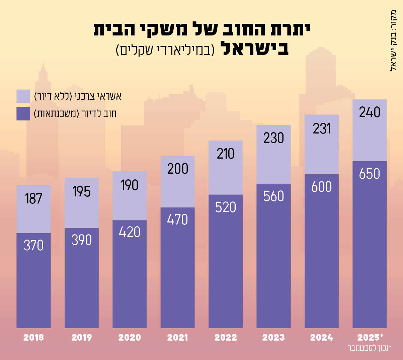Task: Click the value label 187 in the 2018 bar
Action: [33, 198]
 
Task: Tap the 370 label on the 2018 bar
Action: [33, 246]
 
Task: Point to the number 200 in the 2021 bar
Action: [178, 169]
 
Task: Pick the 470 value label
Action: [178, 219]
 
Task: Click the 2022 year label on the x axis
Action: [226, 337]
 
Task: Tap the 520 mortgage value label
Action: [226, 207]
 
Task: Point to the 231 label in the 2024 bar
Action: [322, 129]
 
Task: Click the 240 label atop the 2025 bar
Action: [370, 112]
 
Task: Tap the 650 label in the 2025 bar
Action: [370, 174]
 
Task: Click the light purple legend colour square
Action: [23, 96]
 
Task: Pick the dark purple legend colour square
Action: [23, 114]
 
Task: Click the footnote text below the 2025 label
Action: [369, 348]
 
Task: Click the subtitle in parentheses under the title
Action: [165, 50]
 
